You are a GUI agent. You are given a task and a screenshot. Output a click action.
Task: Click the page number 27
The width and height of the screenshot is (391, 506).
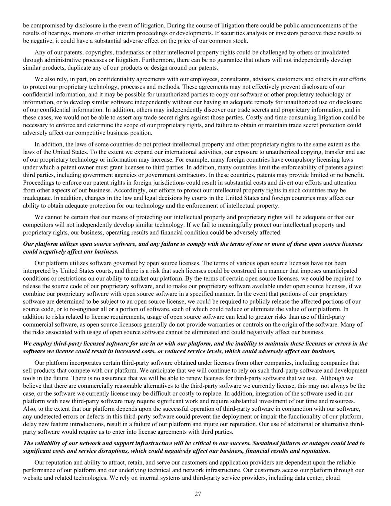[x=198, y=494]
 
